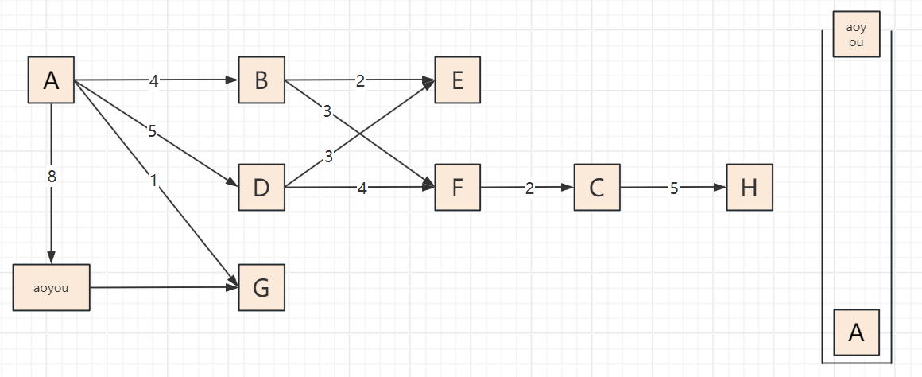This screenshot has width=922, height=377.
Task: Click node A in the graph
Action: click(x=52, y=80)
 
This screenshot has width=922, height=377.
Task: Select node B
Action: click(x=261, y=80)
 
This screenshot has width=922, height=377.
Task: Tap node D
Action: click(x=261, y=188)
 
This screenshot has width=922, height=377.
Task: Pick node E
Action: click(x=457, y=80)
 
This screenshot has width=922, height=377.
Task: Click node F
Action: click(x=457, y=188)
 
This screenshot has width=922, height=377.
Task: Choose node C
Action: click(x=597, y=188)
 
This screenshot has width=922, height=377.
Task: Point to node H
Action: click(x=749, y=188)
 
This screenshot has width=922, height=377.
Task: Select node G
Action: click(x=261, y=287)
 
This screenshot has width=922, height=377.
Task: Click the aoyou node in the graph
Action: click(x=52, y=287)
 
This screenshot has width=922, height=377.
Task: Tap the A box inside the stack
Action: click(x=856, y=332)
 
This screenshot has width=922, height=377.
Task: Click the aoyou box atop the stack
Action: click(x=856, y=34)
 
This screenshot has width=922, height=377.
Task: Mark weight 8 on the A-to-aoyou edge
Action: click(x=52, y=177)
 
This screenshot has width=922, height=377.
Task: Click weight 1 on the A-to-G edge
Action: click(x=153, y=181)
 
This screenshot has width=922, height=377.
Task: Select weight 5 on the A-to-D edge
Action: click(x=152, y=131)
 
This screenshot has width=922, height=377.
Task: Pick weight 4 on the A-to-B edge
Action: click(x=154, y=80)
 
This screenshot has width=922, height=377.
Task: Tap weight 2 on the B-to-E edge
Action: click(x=360, y=80)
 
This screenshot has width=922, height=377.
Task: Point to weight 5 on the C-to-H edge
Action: click(x=674, y=188)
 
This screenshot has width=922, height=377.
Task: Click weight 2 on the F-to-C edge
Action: click(x=529, y=188)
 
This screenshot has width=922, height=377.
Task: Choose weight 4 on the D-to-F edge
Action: click(x=362, y=188)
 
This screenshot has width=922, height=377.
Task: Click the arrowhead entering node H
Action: click(x=721, y=188)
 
